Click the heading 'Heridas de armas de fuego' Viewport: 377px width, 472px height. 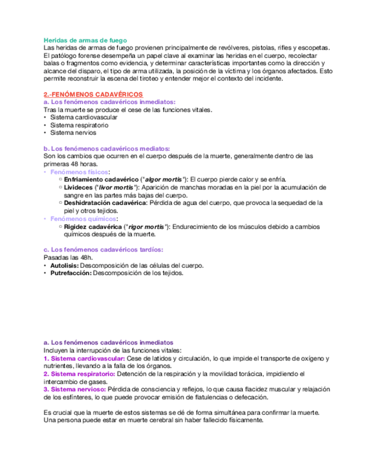click(85, 40)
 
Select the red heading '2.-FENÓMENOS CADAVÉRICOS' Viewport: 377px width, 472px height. click(93, 95)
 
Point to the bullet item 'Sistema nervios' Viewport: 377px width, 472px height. click(73, 133)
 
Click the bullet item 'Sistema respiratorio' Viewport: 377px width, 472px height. click(76, 125)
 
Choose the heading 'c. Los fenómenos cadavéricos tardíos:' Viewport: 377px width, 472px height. click(103, 249)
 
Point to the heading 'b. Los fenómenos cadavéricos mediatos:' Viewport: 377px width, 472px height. click(106, 149)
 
